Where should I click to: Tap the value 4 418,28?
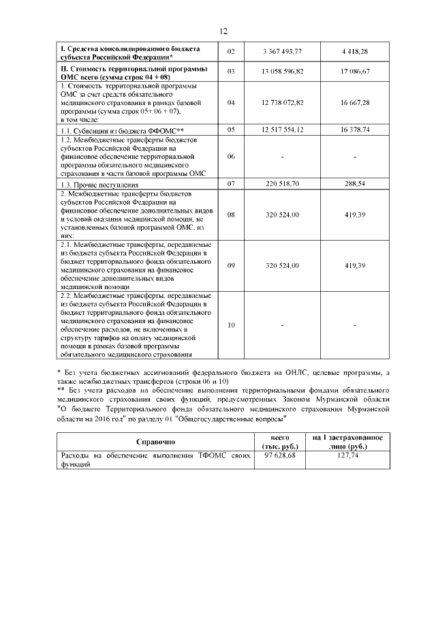355,52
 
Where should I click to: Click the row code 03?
230,72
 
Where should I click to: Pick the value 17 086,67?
355,72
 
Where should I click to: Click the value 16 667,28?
355,102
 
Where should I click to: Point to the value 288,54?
355,184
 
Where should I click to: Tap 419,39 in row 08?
355,215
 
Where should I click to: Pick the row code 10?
230,325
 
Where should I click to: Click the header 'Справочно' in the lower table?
156,442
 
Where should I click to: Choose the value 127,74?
347,456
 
